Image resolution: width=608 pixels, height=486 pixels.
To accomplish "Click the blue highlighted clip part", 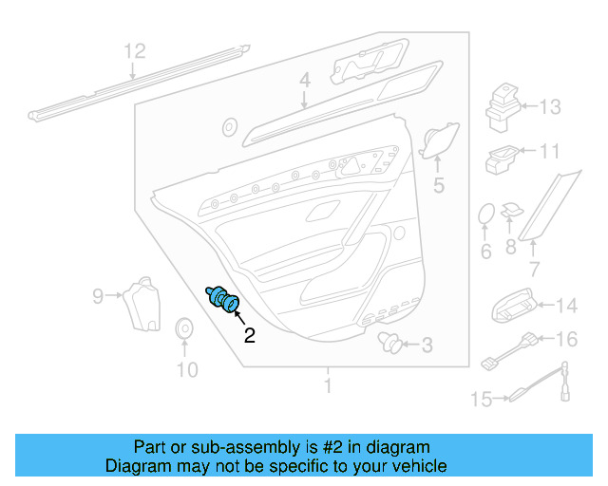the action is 223,299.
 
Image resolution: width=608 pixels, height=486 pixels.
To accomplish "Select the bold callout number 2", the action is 250,335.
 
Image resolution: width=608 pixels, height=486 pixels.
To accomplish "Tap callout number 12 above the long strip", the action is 135,51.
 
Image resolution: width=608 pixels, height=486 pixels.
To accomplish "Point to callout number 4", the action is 305,81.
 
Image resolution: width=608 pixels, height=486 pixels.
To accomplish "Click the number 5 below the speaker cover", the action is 439,185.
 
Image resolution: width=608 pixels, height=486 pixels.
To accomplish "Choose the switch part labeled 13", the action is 503,107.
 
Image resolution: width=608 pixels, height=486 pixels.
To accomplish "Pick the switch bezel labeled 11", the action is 502,159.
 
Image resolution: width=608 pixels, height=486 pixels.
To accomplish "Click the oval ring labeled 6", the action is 486,214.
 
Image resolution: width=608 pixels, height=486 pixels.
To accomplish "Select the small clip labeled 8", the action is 512,211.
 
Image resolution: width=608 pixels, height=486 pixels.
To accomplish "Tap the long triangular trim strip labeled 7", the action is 549,206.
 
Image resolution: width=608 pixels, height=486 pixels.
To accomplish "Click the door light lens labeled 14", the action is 513,307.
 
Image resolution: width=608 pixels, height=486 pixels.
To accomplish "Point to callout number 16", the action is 567,339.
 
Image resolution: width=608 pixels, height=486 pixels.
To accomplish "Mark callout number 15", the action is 482,399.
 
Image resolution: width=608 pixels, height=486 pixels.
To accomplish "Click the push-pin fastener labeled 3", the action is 389,343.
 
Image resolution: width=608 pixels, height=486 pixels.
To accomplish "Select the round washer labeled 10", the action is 184,328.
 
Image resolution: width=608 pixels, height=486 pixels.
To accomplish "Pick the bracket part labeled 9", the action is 142,305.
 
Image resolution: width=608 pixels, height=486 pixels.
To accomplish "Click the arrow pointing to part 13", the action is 530,105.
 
